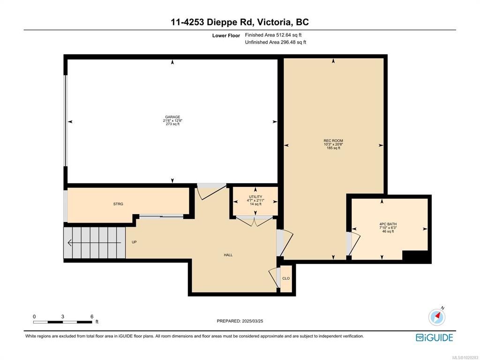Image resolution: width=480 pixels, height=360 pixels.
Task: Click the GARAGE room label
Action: [172, 117]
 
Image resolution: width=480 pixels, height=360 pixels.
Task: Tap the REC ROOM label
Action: [333, 141]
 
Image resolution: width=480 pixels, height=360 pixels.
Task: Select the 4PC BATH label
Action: [388, 224]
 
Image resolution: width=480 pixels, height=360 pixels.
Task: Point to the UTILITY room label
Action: [255, 197]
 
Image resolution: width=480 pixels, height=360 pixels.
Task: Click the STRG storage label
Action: [118, 204]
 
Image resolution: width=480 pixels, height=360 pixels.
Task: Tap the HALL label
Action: [228, 255]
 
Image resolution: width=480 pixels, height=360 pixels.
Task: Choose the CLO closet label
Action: [286, 278]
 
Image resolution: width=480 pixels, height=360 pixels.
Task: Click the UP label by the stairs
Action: [134, 242]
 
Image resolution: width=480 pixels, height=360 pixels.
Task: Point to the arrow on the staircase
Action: [94, 243]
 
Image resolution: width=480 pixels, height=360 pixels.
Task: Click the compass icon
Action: [437, 316]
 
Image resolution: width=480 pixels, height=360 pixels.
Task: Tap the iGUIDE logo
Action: [435, 337]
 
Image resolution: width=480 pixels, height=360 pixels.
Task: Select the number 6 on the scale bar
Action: [92, 317]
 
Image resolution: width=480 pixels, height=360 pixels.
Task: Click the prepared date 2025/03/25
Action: [253, 321]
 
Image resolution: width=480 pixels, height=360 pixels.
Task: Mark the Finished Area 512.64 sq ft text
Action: [273, 35]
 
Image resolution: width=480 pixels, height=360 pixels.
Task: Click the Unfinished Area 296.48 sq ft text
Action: [276, 42]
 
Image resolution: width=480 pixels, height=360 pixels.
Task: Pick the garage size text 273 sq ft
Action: [172, 124]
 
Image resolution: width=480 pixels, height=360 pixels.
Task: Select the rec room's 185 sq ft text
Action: [333, 148]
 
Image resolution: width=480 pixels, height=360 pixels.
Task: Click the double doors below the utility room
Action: [255, 221]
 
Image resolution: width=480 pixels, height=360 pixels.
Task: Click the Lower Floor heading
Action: [226, 36]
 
